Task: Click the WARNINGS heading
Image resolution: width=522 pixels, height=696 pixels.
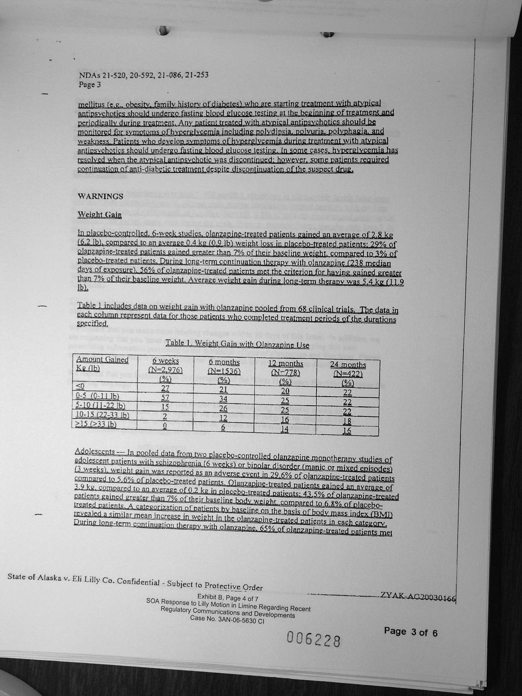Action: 100,196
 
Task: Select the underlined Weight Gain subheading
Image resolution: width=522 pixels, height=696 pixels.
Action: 99,214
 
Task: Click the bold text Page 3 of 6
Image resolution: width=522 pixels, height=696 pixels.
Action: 411,632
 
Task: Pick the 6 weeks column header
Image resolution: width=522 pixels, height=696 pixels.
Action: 166,362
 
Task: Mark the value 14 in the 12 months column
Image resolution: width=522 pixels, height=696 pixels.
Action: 285,430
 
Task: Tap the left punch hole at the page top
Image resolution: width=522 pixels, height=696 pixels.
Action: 164,31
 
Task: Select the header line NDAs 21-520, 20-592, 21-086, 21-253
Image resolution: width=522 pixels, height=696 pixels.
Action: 144,75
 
